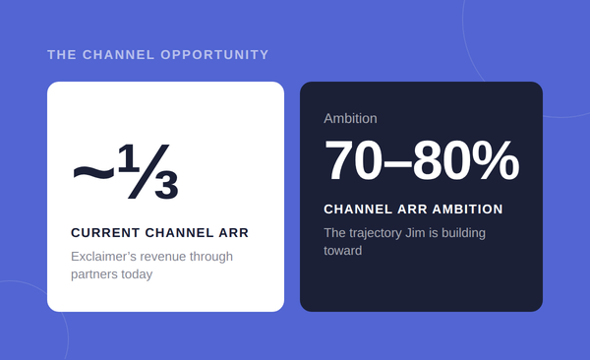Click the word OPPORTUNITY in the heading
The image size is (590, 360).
(x=214, y=55)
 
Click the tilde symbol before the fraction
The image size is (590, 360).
(x=93, y=172)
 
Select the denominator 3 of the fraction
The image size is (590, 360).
(x=166, y=185)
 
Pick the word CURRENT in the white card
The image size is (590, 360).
(x=105, y=233)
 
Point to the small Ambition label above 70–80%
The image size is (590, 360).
(x=350, y=119)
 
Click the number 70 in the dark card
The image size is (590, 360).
(x=353, y=160)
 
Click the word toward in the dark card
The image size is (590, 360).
(x=343, y=251)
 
